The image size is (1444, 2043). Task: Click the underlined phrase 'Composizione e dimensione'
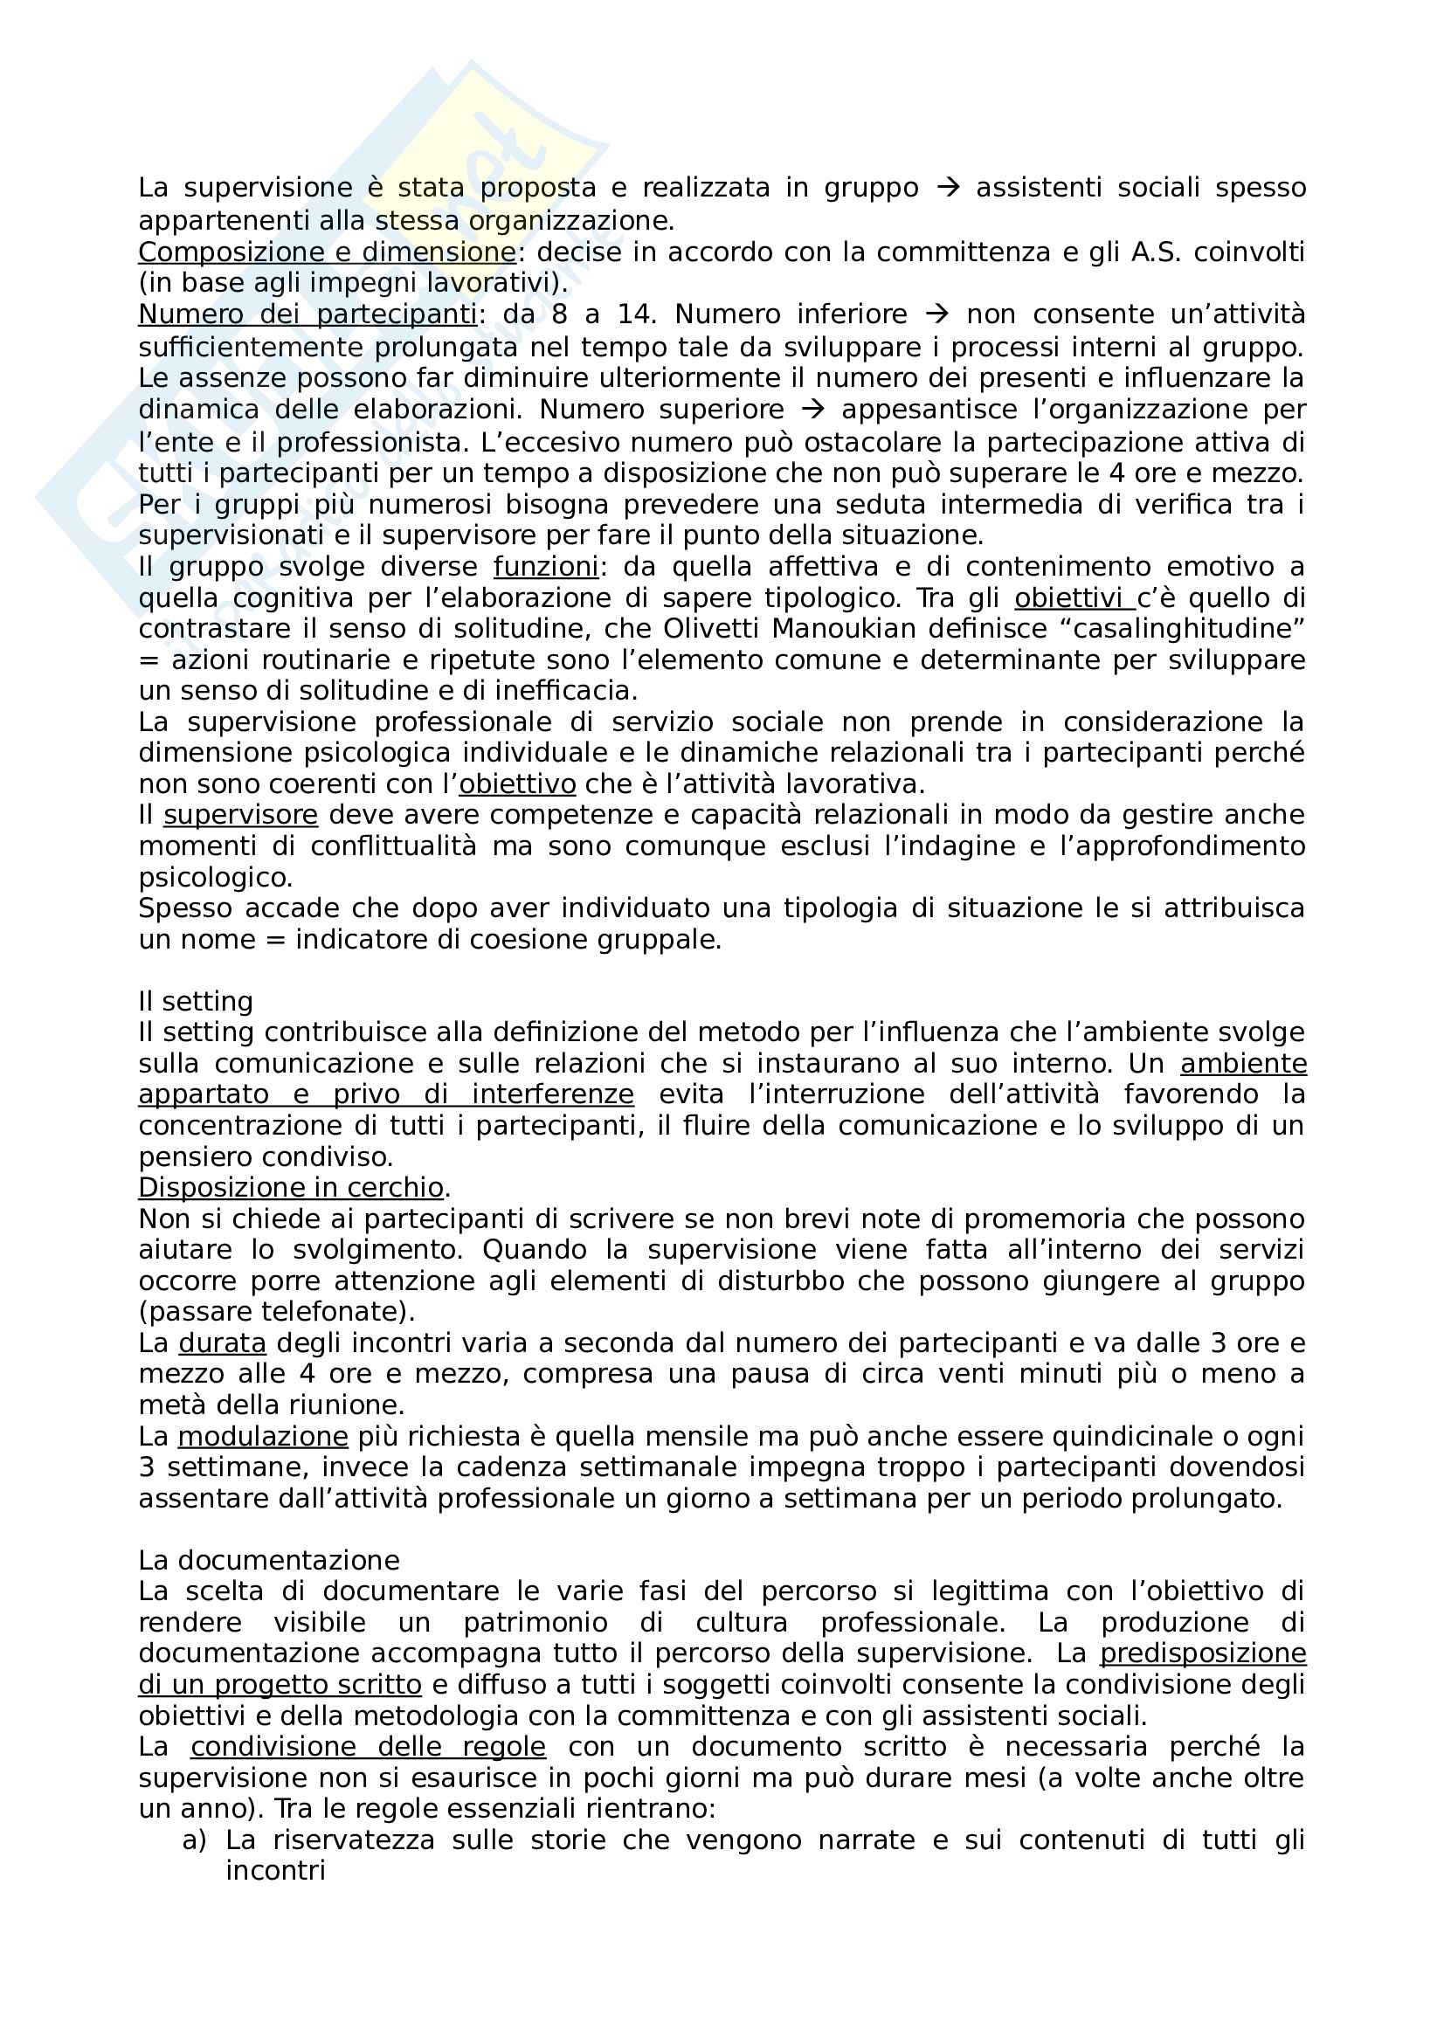point(327,252)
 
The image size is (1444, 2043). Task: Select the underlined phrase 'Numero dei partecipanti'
point(307,315)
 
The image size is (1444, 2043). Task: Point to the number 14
point(636,315)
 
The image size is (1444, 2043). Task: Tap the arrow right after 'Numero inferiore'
point(936,315)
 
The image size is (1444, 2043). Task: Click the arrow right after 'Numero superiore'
point(812,411)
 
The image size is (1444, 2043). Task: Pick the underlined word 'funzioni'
point(545,567)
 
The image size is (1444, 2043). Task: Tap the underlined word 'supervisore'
point(240,815)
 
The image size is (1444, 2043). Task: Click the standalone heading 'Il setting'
point(196,1002)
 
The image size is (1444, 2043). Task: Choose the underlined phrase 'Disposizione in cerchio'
point(291,1188)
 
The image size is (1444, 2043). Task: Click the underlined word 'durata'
point(223,1343)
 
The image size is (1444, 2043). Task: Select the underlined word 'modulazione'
point(262,1437)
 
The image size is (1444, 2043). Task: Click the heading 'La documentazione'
point(269,1561)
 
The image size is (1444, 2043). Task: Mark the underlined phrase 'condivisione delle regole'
point(369,1747)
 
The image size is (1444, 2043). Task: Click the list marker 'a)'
point(194,1840)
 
